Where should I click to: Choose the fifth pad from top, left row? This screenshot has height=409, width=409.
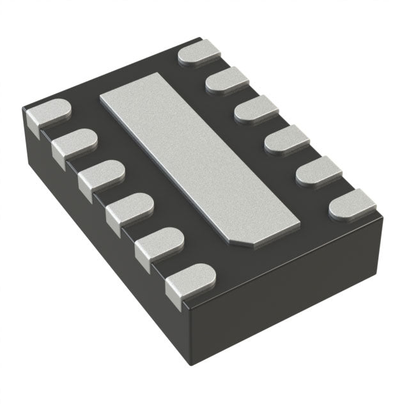(x=159, y=243)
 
